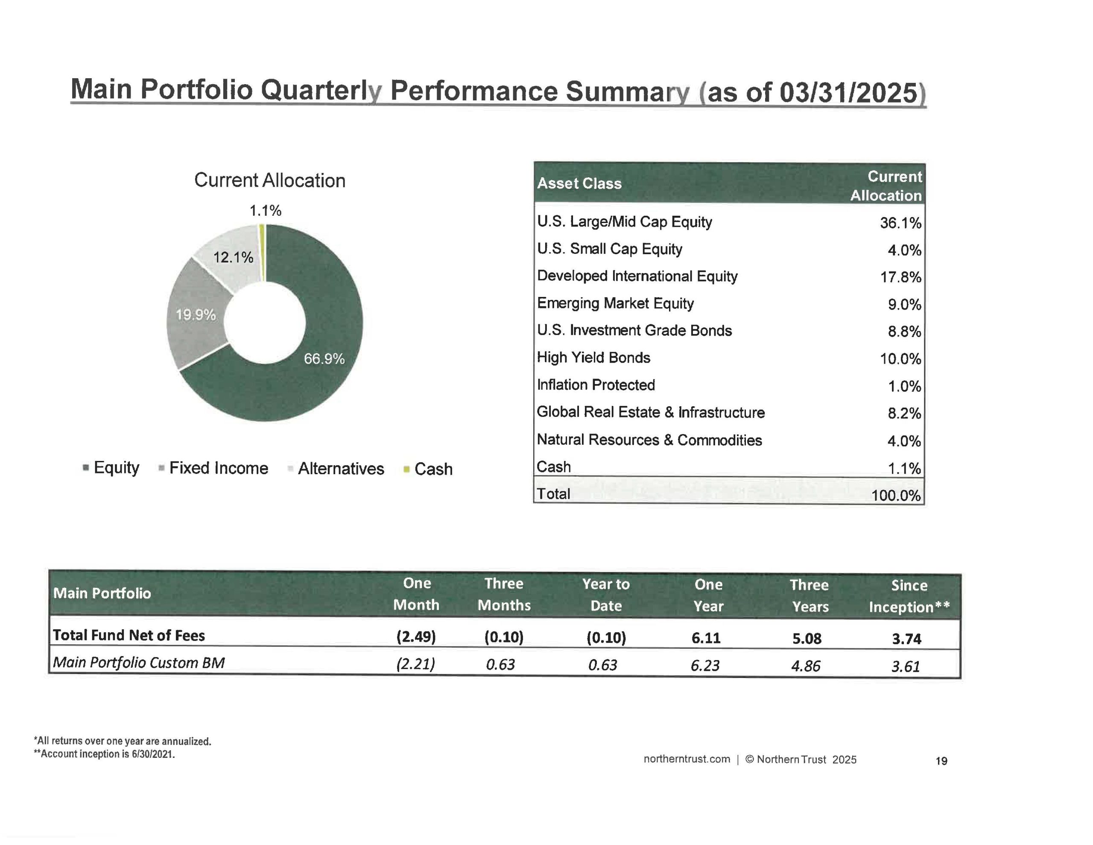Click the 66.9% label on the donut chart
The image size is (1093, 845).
pyautogui.click(x=324, y=359)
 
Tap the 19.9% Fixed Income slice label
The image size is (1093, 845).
pyautogui.click(x=196, y=314)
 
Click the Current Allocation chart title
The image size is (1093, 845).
pyautogui.click(x=270, y=180)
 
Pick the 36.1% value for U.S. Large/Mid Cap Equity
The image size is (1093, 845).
pyautogui.click(x=900, y=223)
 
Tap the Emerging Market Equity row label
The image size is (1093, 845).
pyautogui.click(x=615, y=303)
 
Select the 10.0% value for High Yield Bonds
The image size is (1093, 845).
pyautogui.click(x=900, y=359)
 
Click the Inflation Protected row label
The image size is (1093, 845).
pyautogui.click(x=596, y=384)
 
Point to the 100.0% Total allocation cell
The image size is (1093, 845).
pyautogui.click(x=896, y=496)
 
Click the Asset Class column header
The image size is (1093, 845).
pyautogui.click(x=579, y=183)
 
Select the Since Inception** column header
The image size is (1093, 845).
pyautogui.click(x=909, y=596)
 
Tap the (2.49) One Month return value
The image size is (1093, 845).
pyautogui.click(x=416, y=637)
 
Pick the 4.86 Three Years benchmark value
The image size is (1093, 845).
pyautogui.click(x=806, y=666)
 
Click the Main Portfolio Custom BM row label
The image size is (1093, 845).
pyautogui.click(x=139, y=663)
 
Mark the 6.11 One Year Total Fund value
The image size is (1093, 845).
pyautogui.click(x=706, y=638)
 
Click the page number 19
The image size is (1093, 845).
pyautogui.click(x=941, y=761)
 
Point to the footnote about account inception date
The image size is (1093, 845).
pyautogui.click(x=105, y=754)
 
